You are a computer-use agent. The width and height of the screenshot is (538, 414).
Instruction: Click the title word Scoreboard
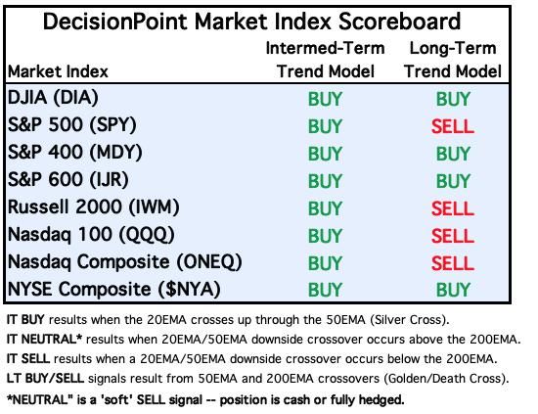pyautogui.click(x=399, y=22)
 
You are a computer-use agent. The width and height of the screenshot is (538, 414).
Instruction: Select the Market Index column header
pyautogui.click(x=58, y=71)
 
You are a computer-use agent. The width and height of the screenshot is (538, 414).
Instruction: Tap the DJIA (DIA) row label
pyautogui.click(x=53, y=98)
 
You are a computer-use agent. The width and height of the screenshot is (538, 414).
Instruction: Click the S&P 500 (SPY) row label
pyautogui.click(x=72, y=125)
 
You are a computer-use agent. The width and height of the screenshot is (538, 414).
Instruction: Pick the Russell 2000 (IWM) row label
pyautogui.click(x=93, y=207)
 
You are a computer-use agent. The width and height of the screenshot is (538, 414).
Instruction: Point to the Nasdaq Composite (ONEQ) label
pyautogui.click(x=125, y=262)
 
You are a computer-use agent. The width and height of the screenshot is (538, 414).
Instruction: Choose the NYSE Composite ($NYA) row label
pyautogui.click(x=113, y=289)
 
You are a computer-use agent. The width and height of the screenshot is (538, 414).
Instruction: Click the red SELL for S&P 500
pyautogui.click(x=453, y=126)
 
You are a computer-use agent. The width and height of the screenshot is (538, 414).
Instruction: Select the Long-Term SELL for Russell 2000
pyautogui.click(x=453, y=208)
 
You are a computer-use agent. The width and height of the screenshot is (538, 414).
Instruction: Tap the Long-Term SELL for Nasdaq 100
pyautogui.click(x=453, y=236)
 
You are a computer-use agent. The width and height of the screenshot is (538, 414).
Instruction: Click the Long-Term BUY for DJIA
pyautogui.click(x=453, y=99)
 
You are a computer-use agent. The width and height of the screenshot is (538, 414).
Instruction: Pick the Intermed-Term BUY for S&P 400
pyautogui.click(x=325, y=154)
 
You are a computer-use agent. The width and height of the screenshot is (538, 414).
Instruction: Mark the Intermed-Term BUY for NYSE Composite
pyautogui.click(x=325, y=290)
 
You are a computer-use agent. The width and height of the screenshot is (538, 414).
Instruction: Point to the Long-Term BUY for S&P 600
pyautogui.click(x=453, y=181)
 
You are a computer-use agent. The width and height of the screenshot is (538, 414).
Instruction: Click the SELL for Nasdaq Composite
pyautogui.click(x=453, y=263)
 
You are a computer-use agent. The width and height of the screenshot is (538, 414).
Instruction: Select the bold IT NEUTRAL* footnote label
pyautogui.click(x=44, y=340)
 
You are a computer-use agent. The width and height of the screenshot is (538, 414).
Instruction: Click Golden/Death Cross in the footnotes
pyautogui.click(x=444, y=379)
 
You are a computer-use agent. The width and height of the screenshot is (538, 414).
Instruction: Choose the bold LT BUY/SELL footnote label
pyautogui.click(x=45, y=379)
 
